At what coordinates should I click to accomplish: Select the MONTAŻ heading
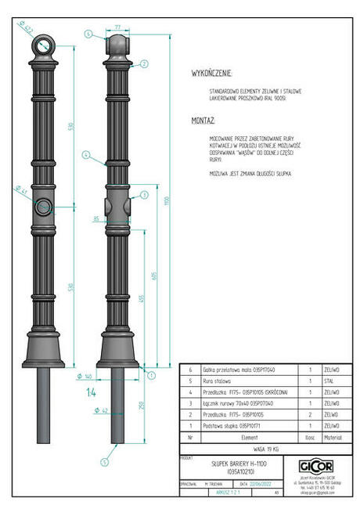coord(203,122)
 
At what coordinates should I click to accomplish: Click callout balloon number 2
coord(143,63)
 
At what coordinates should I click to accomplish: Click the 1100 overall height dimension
coord(166,200)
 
